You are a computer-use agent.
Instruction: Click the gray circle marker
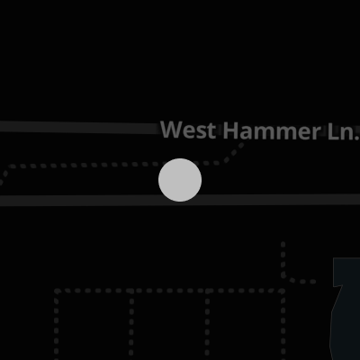[x=180, y=180]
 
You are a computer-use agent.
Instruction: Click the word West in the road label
[x=188, y=130]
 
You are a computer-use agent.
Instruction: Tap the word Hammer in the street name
[x=272, y=130]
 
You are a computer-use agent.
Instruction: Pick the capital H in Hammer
[x=230, y=130]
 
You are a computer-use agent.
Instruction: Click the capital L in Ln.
[x=333, y=131]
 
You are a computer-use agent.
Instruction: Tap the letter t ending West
[x=211, y=130]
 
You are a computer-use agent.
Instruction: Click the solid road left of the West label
[x=79, y=127]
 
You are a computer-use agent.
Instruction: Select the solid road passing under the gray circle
[x=180, y=200]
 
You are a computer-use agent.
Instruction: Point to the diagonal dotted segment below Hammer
[x=234, y=154]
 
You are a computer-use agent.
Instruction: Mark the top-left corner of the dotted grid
[x=57, y=291]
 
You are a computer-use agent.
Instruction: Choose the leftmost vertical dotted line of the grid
[x=57, y=326]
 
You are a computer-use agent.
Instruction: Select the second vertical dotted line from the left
[x=131, y=326]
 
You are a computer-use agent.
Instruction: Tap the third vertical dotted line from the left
[x=207, y=326]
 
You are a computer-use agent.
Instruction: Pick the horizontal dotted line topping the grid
[x=169, y=291]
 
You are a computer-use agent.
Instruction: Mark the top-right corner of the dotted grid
[x=283, y=291]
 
